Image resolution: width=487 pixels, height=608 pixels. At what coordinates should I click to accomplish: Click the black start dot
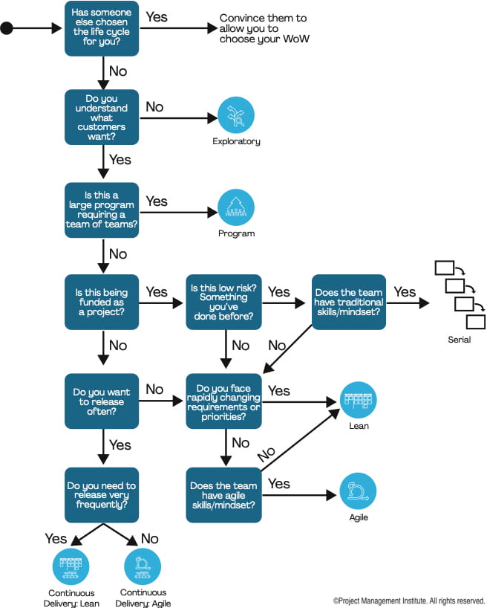tap(7, 29)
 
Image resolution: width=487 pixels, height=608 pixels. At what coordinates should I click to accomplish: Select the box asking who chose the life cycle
tap(102, 29)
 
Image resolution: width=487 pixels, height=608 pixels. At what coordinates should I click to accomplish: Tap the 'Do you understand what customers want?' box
tap(102, 117)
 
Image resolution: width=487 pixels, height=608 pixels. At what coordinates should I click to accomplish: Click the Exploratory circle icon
tap(236, 115)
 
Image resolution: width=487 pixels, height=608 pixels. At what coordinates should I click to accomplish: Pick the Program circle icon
tap(236, 207)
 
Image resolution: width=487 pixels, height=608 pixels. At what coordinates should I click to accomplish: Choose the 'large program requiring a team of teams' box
tap(102, 210)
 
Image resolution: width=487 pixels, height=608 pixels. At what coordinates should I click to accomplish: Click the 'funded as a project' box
tap(102, 303)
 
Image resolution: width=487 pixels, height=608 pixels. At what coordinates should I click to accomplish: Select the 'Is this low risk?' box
tap(223, 303)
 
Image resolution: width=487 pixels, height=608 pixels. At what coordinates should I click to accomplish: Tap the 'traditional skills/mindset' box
tap(348, 303)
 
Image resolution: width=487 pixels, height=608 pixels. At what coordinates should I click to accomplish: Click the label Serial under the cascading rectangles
tap(459, 340)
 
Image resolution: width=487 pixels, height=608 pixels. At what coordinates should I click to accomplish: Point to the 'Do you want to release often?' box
tap(102, 401)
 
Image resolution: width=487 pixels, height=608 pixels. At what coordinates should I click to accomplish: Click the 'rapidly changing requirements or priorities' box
tap(223, 401)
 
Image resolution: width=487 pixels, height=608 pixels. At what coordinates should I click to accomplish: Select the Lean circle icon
tap(359, 400)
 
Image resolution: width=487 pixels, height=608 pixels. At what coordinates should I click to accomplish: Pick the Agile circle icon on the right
tap(359, 491)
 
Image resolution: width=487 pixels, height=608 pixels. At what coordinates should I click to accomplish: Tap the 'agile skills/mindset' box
tap(223, 494)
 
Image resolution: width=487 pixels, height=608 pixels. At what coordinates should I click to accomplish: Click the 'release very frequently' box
tap(102, 494)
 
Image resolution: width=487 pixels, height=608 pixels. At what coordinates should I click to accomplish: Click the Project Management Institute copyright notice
tap(409, 600)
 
